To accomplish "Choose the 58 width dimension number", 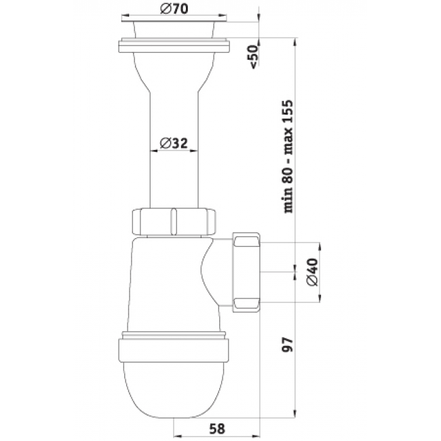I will pyautogui.click(x=216, y=428).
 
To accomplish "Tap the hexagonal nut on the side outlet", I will pyautogui.click(x=246, y=271).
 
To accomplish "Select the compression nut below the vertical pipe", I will pyautogui.click(x=174, y=221).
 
